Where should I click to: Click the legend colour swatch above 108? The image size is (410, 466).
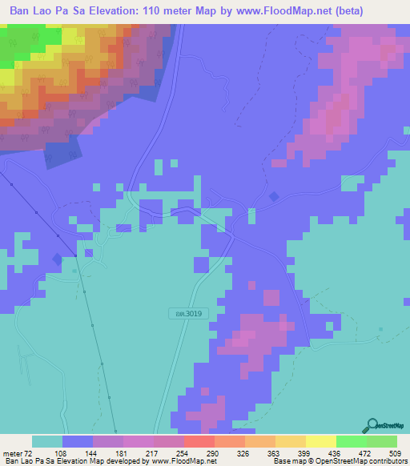tap(78, 441)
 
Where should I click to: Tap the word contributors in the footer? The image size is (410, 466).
tap(386, 462)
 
